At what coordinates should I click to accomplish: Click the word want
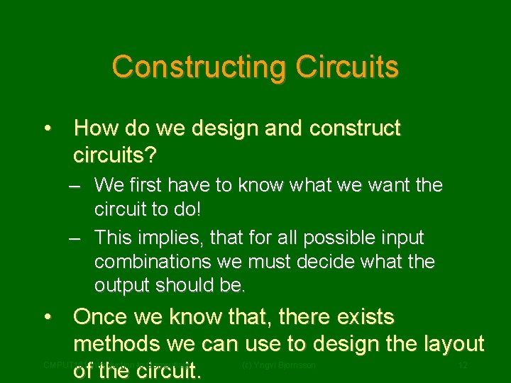(381, 186)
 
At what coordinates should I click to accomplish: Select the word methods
(117, 344)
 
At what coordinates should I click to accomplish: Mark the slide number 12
(463, 365)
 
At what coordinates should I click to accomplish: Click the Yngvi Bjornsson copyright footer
(278, 365)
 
